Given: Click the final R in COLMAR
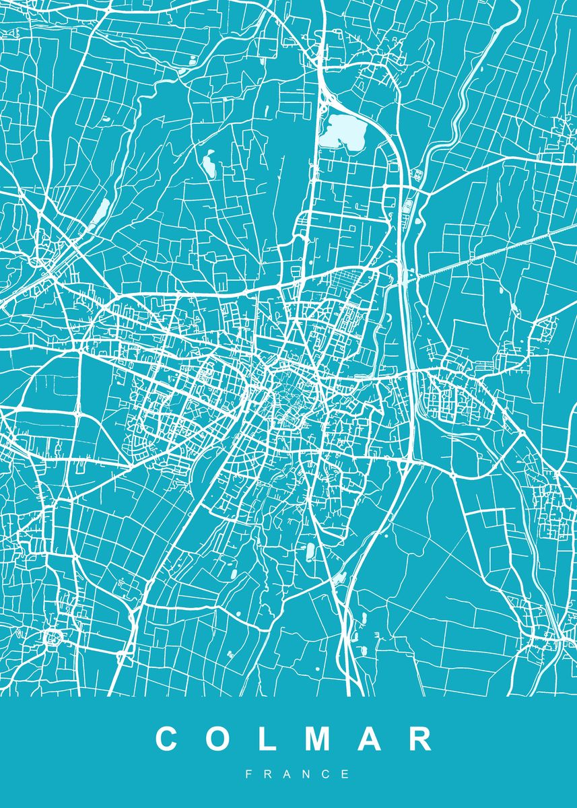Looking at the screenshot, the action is [x=420, y=739].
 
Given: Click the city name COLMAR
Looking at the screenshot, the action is [x=294, y=739].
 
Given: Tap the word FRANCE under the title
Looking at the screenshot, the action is [x=297, y=774].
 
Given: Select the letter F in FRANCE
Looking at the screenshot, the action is [x=248, y=774].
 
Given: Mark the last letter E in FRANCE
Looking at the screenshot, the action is [x=346, y=774].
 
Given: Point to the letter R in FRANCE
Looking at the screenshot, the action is [x=267, y=774].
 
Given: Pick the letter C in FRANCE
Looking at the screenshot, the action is [x=327, y=774].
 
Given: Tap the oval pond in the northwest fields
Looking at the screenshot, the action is [x=208, y=164].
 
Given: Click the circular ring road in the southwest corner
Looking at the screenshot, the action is [x=52, y=636].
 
